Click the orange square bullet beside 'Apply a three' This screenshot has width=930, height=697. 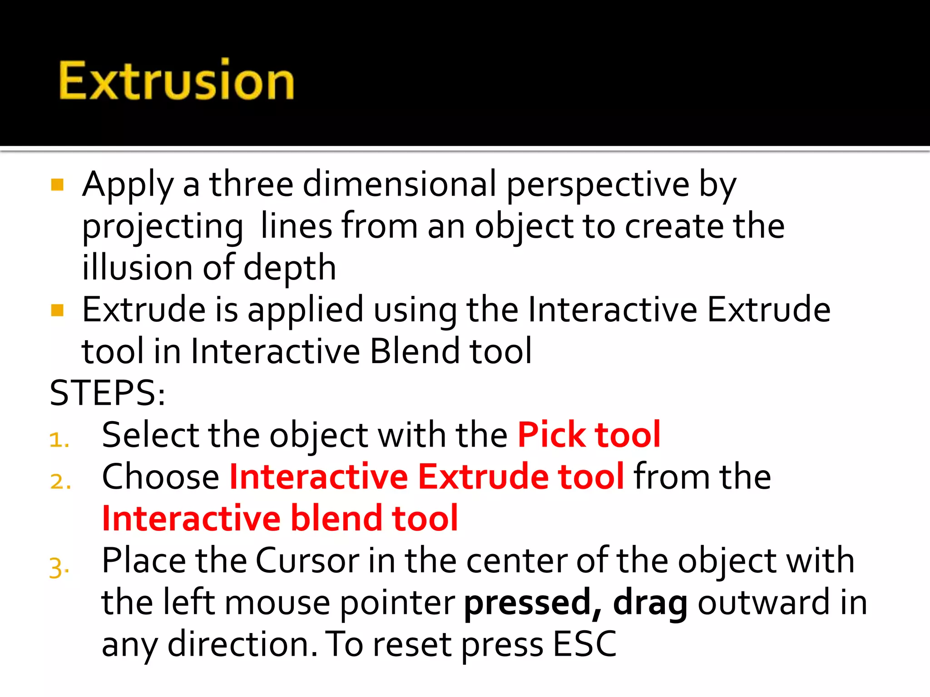coord(57,185)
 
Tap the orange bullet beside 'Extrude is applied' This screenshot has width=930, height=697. coord(57,310)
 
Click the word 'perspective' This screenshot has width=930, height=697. coord(598,185)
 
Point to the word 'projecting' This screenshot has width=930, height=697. coord(163,226)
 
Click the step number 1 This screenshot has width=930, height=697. coord(58,440)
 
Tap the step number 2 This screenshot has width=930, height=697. coord(59,481)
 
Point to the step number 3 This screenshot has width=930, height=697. coord(59,567)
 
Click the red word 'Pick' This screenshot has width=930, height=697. coord(551,435)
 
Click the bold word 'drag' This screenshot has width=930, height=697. coord(650,603)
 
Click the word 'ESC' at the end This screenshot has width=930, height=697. coord(585,644)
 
